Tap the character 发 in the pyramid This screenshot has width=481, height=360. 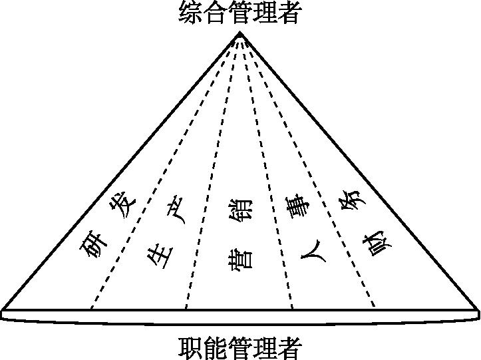click(x=124, y=200)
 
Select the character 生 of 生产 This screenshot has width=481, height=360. click(x=160, y=254)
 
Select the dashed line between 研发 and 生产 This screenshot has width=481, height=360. click(x=160, y=180)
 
